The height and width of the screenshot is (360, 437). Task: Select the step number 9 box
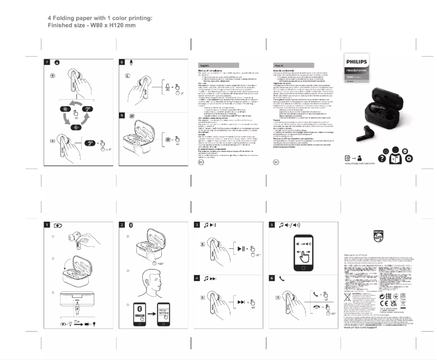(x=123, y=116)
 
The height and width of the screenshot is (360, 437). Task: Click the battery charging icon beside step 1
(x=58, y=225)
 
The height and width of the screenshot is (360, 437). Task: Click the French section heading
(x=281, y=64)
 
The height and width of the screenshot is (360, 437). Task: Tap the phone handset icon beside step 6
(x=282, y=278)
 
